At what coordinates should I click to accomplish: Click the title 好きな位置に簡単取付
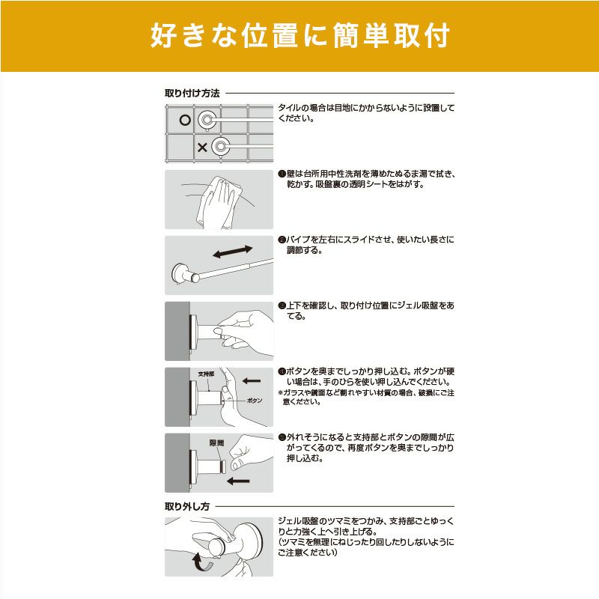[x=299, y=35]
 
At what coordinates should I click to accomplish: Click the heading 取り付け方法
[x=192, y=94]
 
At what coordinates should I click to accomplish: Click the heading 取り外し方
[x=187, y=506]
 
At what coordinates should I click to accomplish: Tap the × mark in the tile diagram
[x=202, y=148]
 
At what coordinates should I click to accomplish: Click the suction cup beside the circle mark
[x=207, y=119]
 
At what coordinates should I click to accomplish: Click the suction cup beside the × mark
[x=220, y=147]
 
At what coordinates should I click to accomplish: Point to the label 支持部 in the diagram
[x=206, y=373]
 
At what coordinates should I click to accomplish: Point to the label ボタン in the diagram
[x=255, y=401]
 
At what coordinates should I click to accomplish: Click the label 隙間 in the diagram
[x=217, y=443]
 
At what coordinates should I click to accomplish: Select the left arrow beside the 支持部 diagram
[x=252, y=380]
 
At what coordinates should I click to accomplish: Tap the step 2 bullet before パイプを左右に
[x=281, y=240]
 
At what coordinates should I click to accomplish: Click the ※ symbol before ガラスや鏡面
[x=281, y=392]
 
